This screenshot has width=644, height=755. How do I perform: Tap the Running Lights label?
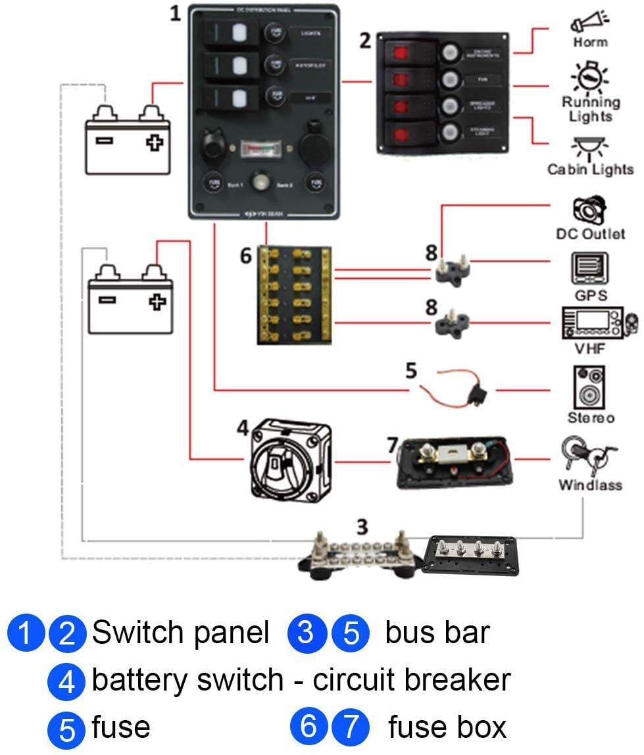click(x=590, y=109)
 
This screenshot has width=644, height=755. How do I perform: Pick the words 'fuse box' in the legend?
click(x=447, y=727)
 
